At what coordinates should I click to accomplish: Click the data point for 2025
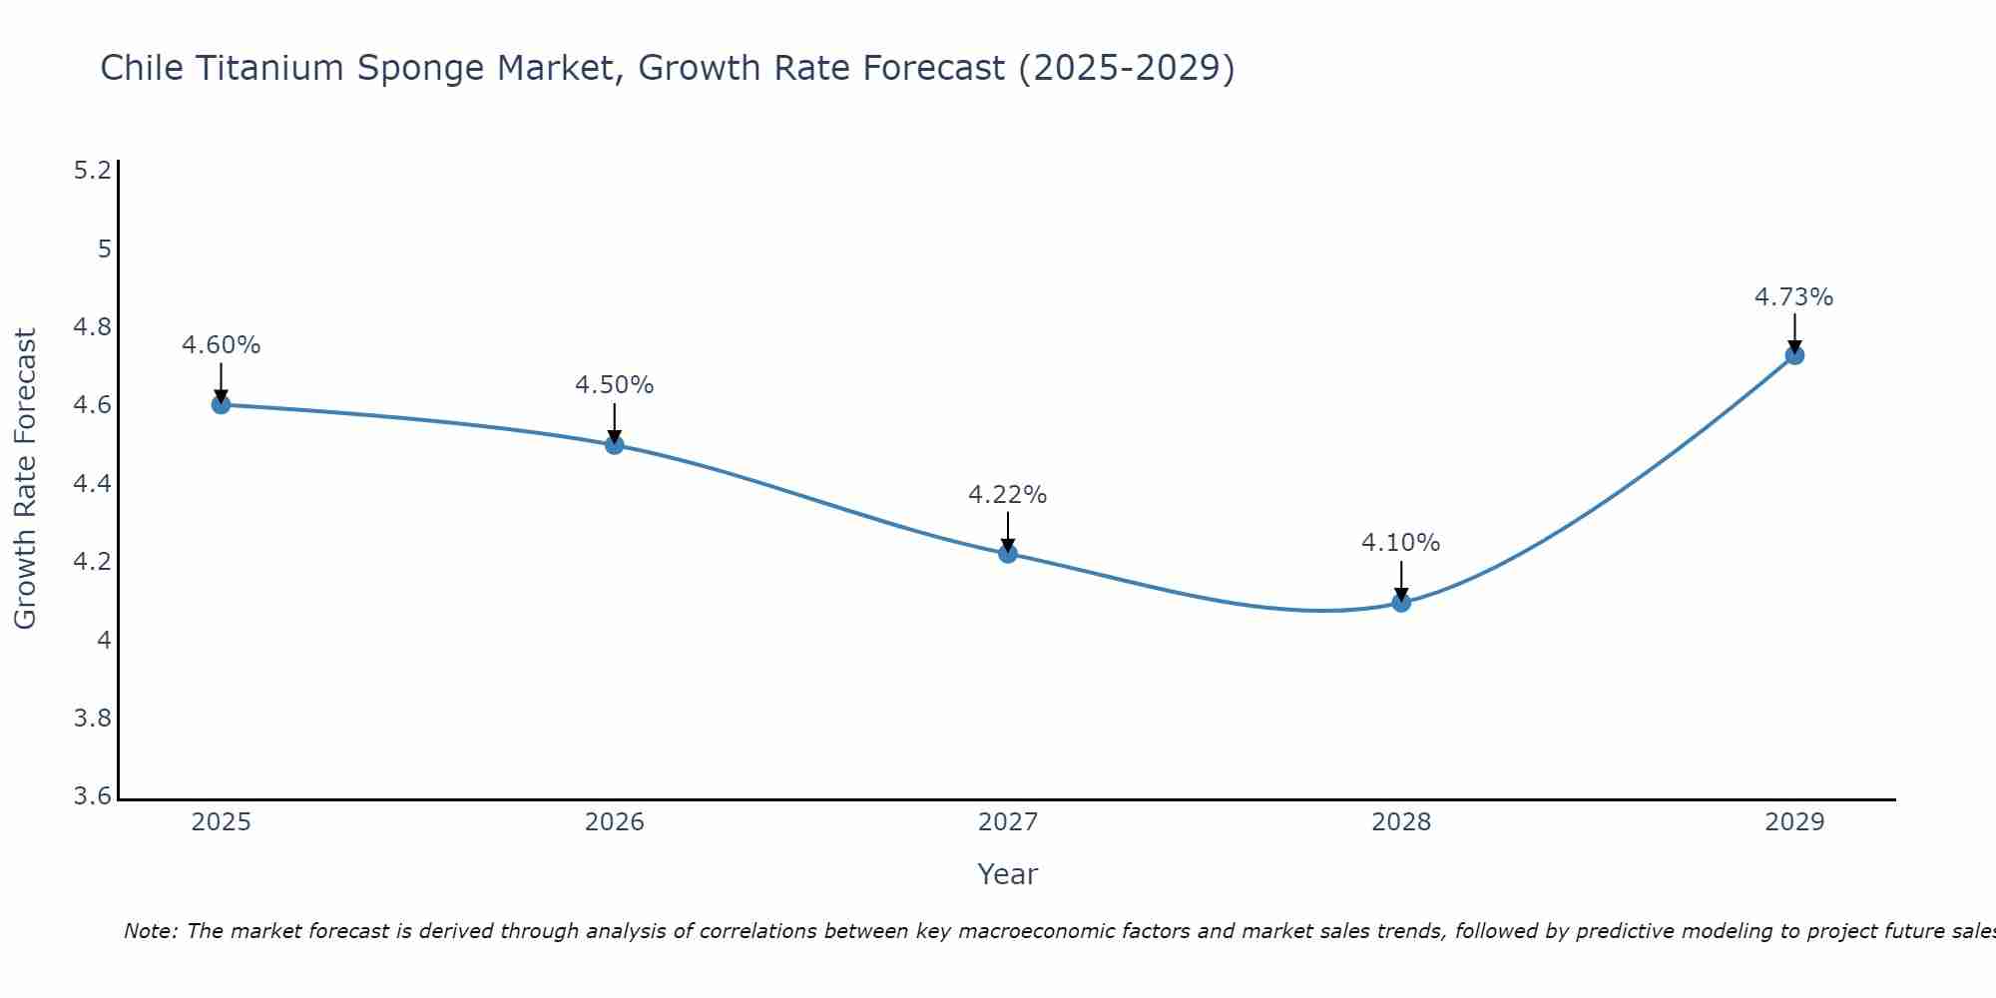pyautogui.click(x=221, y=404)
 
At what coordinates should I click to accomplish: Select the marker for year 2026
pyautogui.click(x=614, y=444)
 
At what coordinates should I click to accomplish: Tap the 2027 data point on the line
pyautogui.click(x=1007, y=553)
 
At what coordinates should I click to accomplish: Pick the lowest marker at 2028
pyautogui.click(x=1400, y=602)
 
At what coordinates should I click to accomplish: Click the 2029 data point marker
pyautogui.click(x=1793, y=354)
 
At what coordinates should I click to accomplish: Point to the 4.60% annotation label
pyautogui.click(x=221, y=345)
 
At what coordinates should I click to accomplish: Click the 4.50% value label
pyautogui.click(x=614, y=385)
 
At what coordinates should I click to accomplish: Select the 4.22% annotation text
pyautogui.click(x=1007, y=494)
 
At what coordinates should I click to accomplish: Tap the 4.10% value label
pyautogui.click(x=1400, y=543)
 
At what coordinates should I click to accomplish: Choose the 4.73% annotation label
pyautogui.click(x=1793, y=296)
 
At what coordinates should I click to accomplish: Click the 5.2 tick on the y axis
pyautogui.click(x=92, y=171)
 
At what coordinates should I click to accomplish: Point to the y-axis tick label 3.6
pyautogui.click(x=92, y=796)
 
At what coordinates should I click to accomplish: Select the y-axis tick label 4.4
pyautogui.click(x=92, y=484)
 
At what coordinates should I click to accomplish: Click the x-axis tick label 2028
pyautogui.click(x=1400, y=822)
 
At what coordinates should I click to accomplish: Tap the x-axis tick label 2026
pyautogui.click(x=614, y=822)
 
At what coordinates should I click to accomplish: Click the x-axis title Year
pyautogui.click(x=1007, y=874)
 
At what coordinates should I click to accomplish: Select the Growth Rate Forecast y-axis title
pyautogui.click(x=25, y=479)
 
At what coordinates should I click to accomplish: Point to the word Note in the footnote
pyautogui.click(x=150, y=931)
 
